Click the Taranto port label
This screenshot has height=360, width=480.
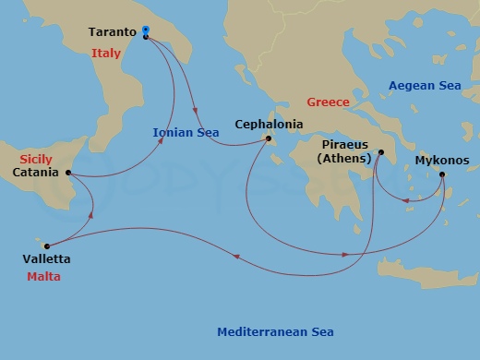pyautogui.click(x=113, y=32)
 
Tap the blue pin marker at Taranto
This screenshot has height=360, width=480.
pyautogui.click(x=146, y=31)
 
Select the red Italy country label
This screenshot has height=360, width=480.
pyautogui.click(x=106, y=54)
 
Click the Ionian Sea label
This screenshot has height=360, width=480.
pyautogui.click(x=185, y=132)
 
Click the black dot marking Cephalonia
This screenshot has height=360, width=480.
pyautogui.click(x=269, y=139)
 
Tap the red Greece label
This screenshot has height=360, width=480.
pyautogui.click(x=328, y=102)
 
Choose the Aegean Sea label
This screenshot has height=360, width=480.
pyautogui.click(x=424, y=85)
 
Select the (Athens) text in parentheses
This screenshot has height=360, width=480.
pyautogui.click(x=344, y=159)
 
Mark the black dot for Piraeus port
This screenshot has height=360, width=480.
pyautogui.click(x=379, y=154)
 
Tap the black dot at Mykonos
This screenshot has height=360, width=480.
pyautogui.click(x=442, y=174)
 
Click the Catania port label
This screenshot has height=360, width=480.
pyautogui.click(x=38, y=173)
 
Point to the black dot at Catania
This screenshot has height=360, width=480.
pyautogui.click(x=68, y=173)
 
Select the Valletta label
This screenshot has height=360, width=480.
pyautogui.click(x=49, y=259)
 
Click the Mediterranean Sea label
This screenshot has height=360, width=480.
pyautogui.click(x=275, y=332)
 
